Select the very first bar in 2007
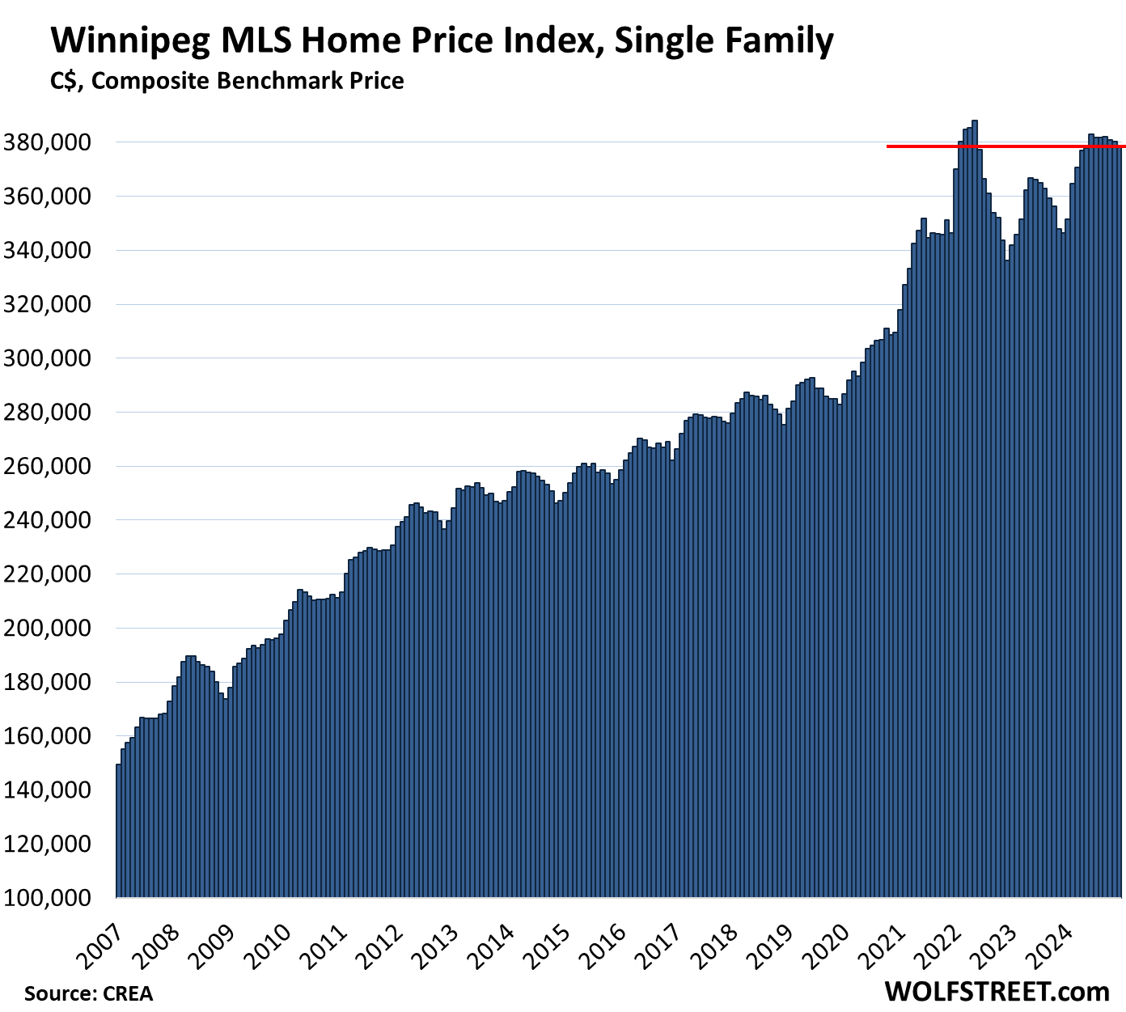tap(118, 833)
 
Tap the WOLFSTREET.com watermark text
tap(997, 991)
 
